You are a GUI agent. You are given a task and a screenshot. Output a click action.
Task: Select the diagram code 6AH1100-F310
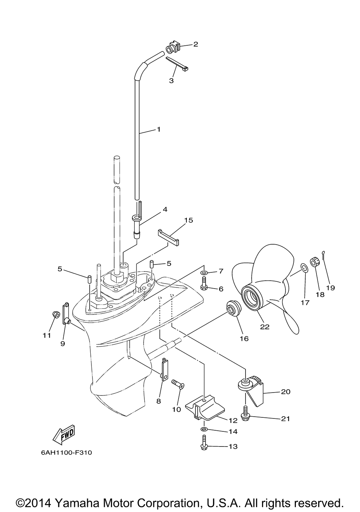pyautogui.click(x=66, y=452)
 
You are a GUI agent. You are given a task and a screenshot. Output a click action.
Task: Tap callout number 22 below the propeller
pyautogui.click(x=265, y=327)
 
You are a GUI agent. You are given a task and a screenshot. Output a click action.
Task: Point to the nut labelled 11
pyautogui.click(x=56, y=314)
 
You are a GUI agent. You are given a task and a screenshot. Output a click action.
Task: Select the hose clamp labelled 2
pyautogui.click(x=172, y=47)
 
